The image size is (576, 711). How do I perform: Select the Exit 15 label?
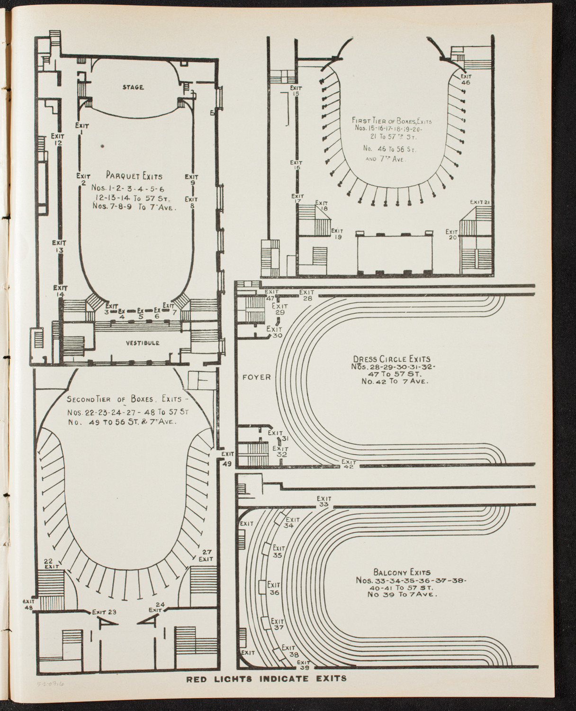(x=296, y=91)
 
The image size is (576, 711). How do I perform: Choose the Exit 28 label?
(x=306, y=295)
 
